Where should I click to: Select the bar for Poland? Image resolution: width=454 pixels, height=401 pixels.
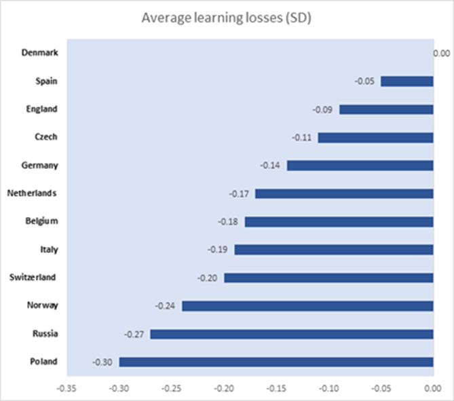pos(276,362)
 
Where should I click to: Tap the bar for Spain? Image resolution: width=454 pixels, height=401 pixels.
pos(406,81)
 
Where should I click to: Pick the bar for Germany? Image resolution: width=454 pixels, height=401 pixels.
pos(360,165)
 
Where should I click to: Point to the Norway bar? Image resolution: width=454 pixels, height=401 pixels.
pos(307,305)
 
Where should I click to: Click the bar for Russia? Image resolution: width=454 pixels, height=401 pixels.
pos(292,334)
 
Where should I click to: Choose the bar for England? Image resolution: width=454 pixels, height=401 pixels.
pos(385,109)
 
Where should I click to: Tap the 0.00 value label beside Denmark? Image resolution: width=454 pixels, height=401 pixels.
pos(442,53)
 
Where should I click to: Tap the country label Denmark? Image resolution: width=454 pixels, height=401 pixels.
pos(39,52)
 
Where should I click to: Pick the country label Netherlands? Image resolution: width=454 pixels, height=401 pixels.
pos(31,193)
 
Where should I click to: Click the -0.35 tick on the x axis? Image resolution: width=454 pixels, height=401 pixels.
pos(67,389)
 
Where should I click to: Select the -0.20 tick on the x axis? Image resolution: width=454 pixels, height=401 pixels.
pos(224,389)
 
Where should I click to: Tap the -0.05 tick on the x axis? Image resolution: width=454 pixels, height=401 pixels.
pos(381,389)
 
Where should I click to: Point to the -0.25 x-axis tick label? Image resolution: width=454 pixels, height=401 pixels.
pos(172,389)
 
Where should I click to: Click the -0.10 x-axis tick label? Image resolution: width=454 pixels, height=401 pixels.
pos(328,389)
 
